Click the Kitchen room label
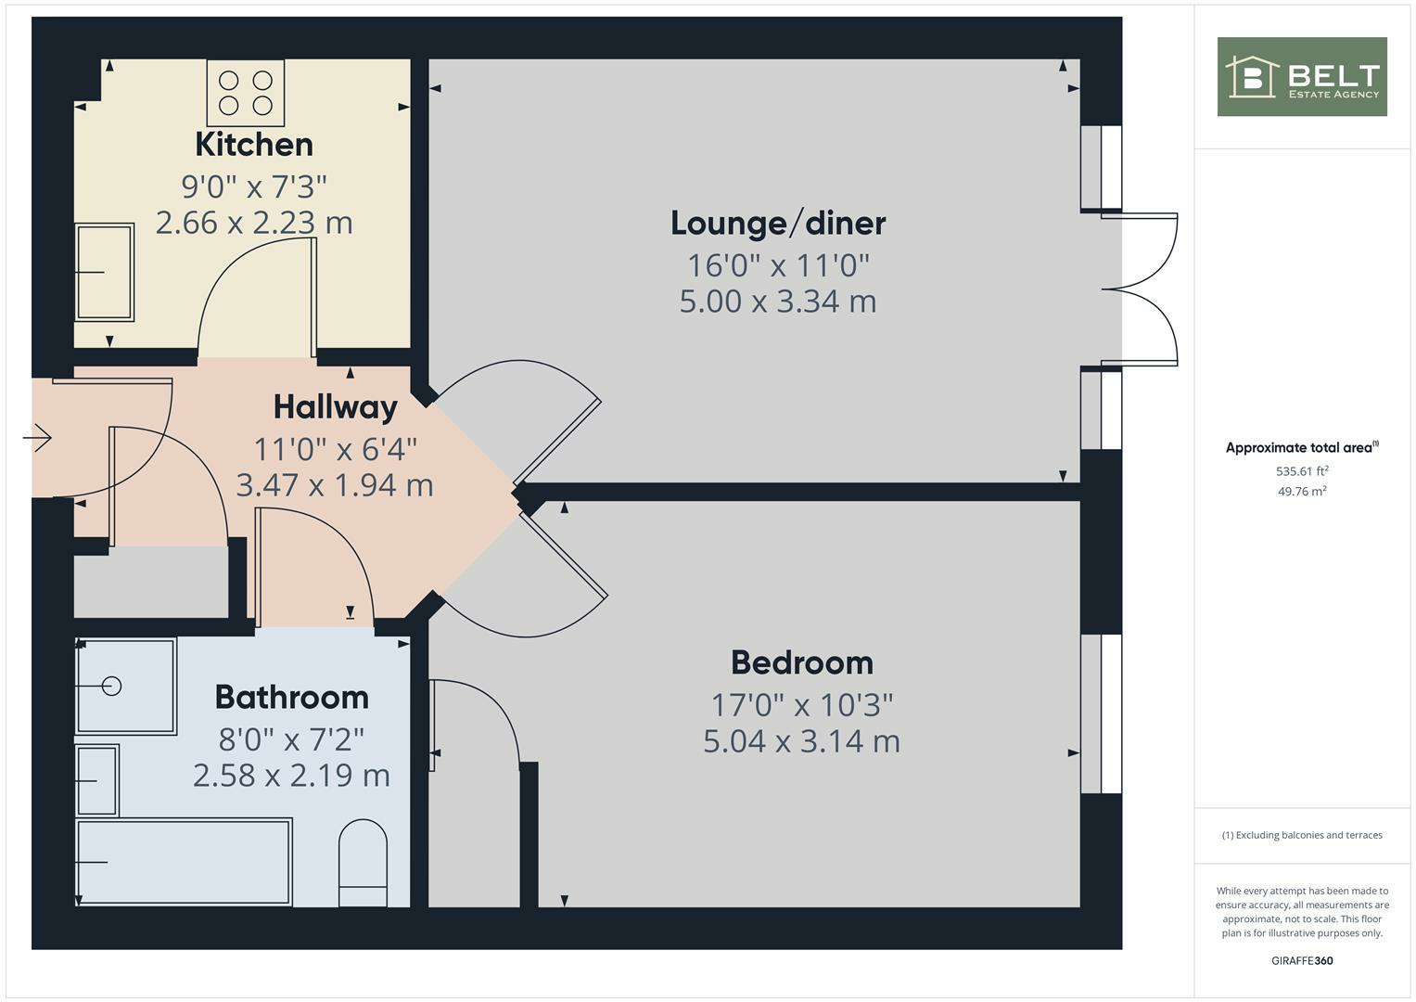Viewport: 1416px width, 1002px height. [254, 145]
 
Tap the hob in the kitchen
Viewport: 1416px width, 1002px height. [246, 93]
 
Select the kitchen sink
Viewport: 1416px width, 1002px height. [104, 272]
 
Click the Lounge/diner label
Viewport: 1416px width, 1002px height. [778, 224]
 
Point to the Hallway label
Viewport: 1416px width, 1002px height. [335, 406]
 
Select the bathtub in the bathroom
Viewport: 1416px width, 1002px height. [184, 861]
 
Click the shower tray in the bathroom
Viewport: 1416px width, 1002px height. [125, 686]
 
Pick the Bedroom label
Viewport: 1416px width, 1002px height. [802, 662]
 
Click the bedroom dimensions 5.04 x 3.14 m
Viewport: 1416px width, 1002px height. [801, 741]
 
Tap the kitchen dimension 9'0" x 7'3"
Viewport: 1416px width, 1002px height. [254, 186]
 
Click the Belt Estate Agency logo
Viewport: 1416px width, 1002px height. [1302, 77]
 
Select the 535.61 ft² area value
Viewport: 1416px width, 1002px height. [1302, 471]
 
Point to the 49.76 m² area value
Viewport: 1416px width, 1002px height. [1302, 492]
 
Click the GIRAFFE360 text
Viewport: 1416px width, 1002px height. [1302, 960]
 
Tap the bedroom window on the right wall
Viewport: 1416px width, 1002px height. [1102, 713]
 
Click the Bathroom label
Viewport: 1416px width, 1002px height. [291, 697]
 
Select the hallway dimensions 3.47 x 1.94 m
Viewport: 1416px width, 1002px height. [335, 485]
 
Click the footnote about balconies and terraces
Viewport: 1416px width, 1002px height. [1302, 835]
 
